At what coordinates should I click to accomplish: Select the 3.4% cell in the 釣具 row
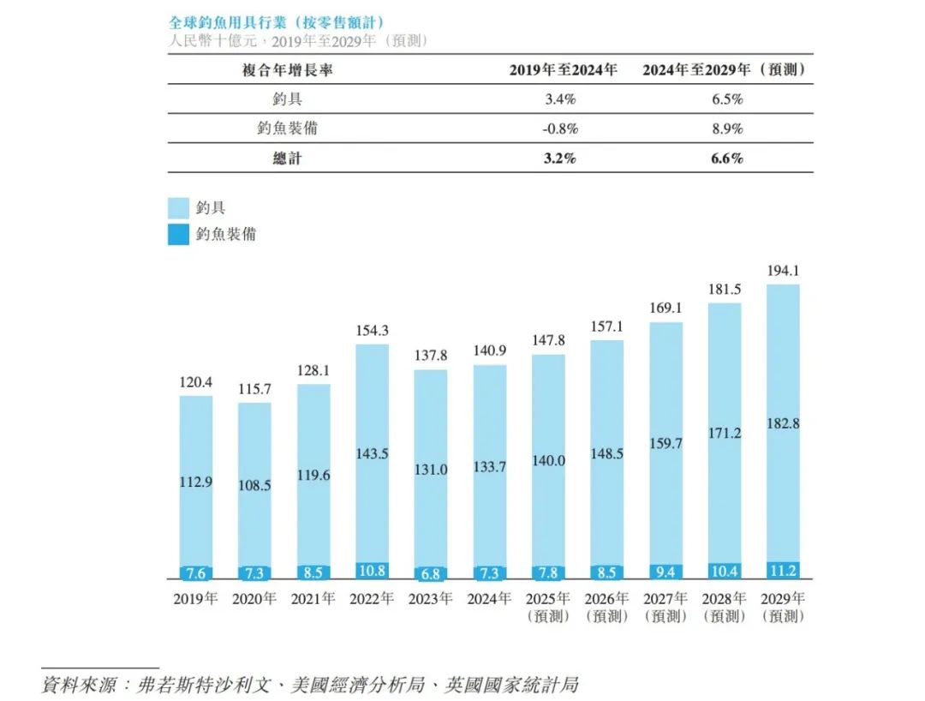[561, 99]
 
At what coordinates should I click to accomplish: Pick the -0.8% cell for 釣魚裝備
[561, 129]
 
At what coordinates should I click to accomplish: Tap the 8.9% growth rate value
[727, 129]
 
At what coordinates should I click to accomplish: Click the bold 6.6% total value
[727, 159]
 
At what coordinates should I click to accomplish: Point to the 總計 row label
[288, 159]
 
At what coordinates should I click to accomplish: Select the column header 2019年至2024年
[563, 70]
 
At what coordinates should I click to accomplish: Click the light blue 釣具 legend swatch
[178, 207]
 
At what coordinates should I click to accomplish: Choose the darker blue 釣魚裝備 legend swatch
[178, 234]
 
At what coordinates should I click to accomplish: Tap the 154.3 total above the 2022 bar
[372, 331]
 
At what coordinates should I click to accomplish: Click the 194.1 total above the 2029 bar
[783, 271]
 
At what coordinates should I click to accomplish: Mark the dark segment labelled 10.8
[372, 571]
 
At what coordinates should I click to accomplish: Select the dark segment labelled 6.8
[430, 573]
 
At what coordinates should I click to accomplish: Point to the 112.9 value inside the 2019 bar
[195, 482]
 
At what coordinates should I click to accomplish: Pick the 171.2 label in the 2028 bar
[725, 434]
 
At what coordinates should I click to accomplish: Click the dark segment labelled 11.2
[783, 570]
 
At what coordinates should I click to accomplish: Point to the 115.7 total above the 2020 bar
[254, 389]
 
